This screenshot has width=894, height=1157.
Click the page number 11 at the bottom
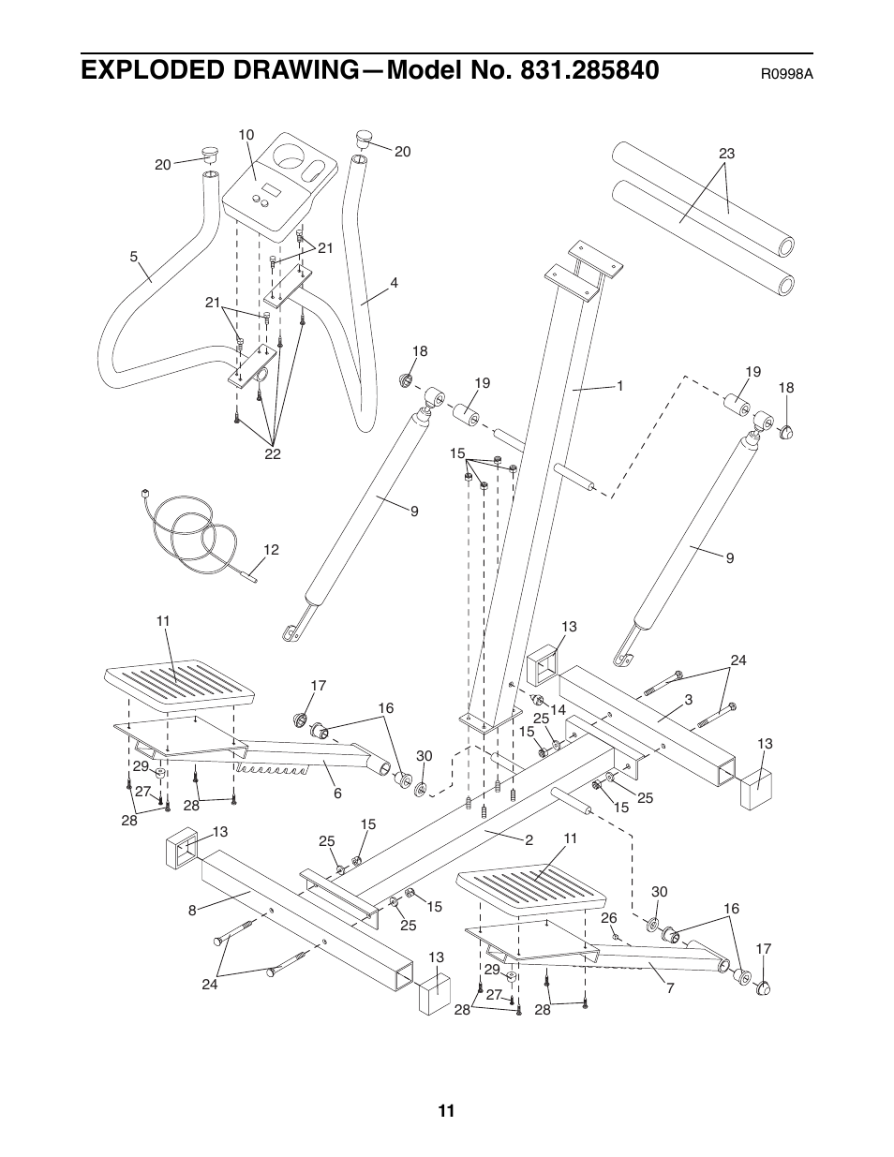tap(446, 1111)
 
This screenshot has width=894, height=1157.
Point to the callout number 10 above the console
tap(246, 135)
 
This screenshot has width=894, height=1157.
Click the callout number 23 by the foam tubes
tap(726, 154)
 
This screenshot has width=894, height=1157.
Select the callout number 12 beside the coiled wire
tap(271, 550)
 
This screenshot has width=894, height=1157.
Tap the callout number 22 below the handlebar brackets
tap(272, 454)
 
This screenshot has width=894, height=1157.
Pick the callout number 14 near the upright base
tap(558, 710)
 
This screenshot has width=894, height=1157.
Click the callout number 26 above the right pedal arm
tap(609, 917)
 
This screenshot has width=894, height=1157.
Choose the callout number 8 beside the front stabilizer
tap(191, 909)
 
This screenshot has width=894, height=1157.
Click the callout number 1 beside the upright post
tap(619, 385)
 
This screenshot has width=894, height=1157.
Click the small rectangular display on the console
tap(271, 190)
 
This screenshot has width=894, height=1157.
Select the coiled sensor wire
tap(192, 534)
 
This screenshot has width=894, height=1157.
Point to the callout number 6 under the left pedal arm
tap(337, 794)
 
